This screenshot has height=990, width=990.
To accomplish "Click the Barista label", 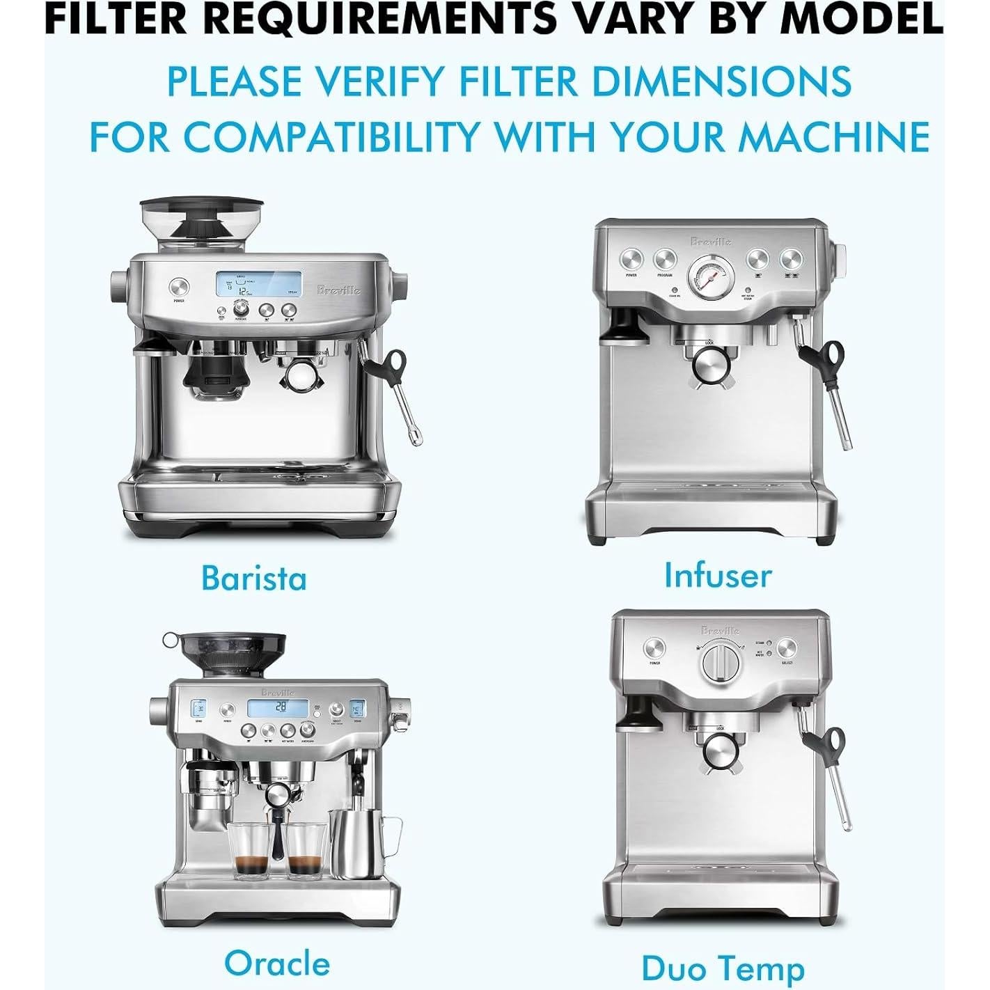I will tap(253, 578).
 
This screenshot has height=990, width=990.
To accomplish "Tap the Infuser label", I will tap(718, 575).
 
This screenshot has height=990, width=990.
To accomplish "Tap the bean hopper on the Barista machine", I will tap(203, 223).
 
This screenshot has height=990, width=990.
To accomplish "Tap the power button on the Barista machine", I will tap(178, 287).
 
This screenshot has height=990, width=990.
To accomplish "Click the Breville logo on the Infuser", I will tap(711, 242).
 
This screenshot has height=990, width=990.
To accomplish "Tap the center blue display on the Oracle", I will tap(277, 707).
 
